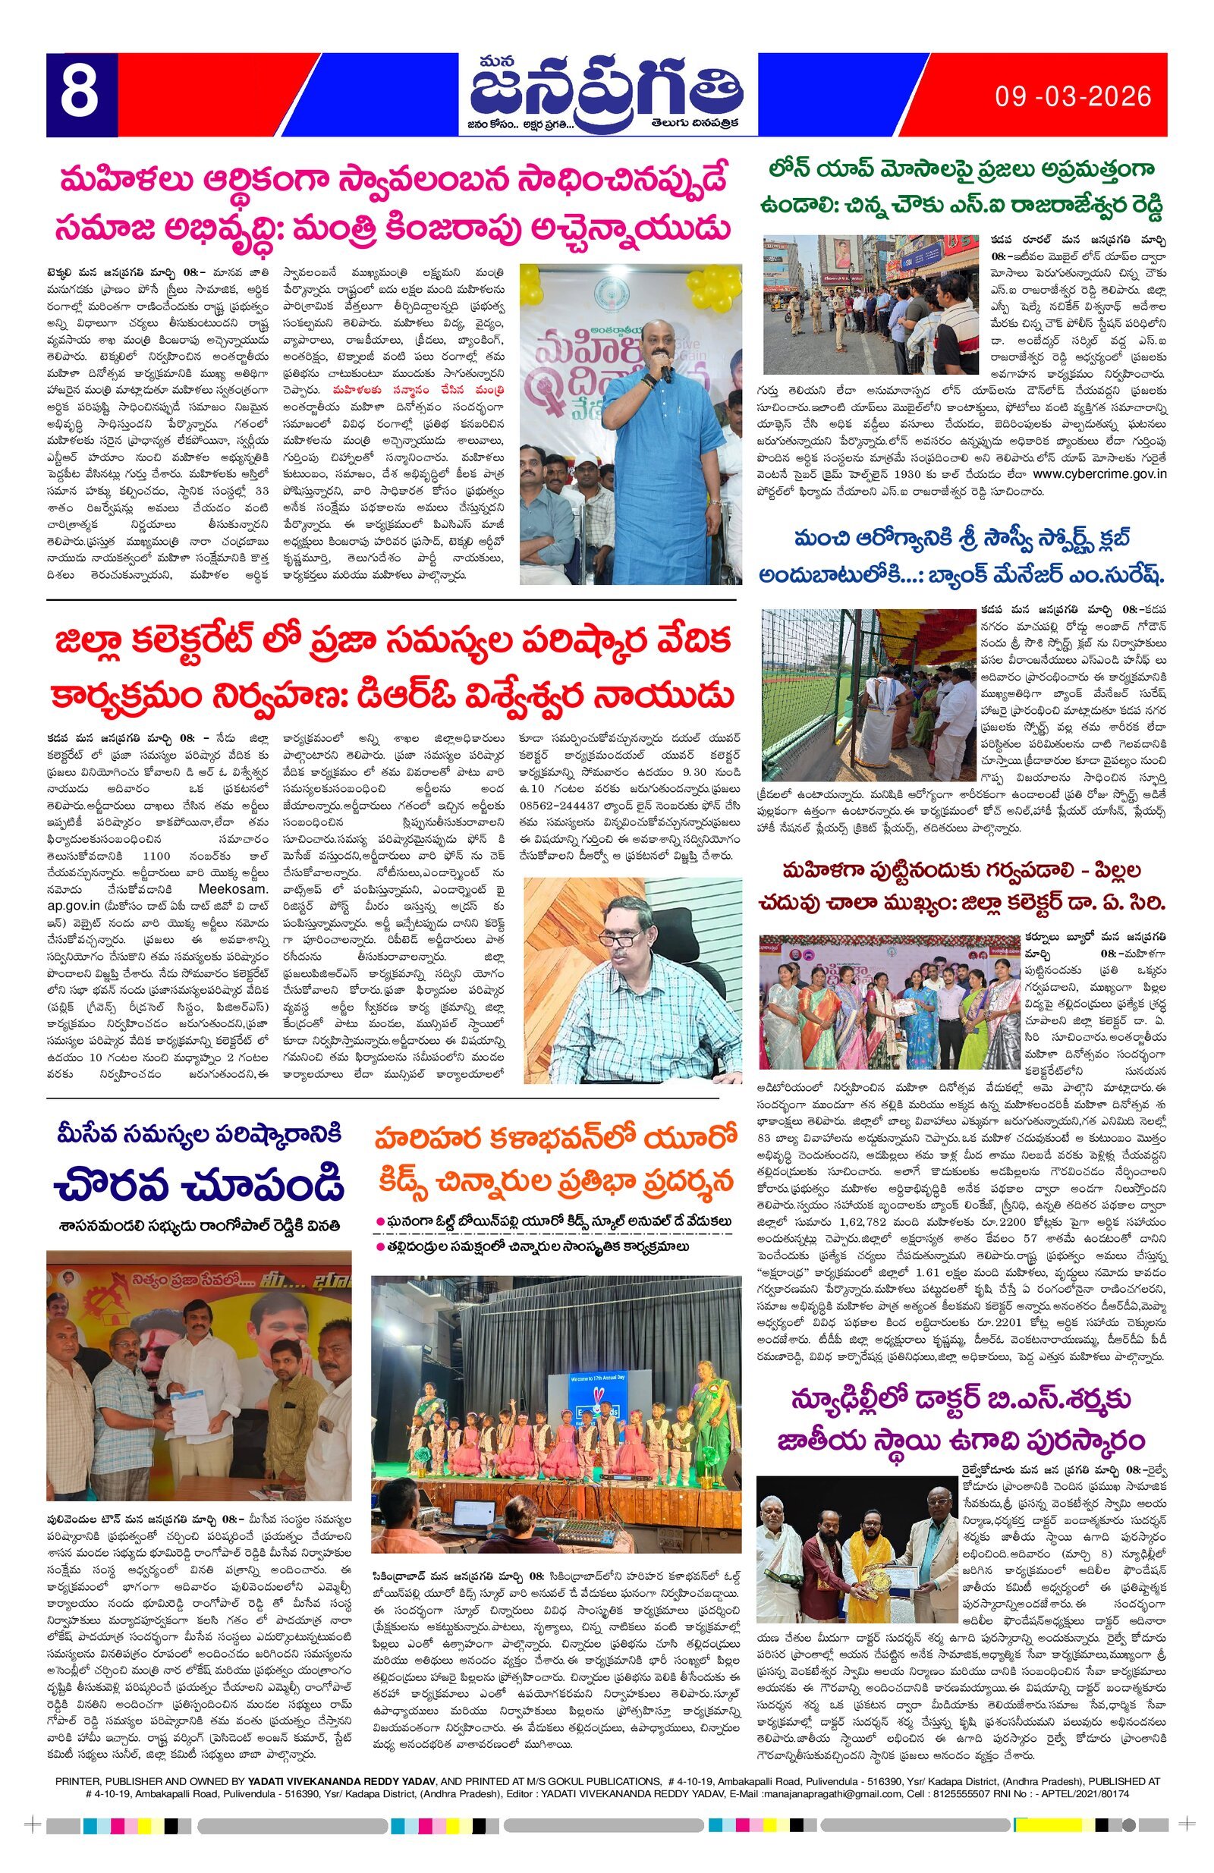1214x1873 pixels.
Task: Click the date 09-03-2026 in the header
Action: click(1072, 97)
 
